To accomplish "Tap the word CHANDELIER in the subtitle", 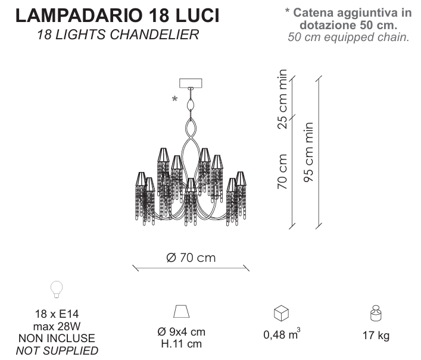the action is tap(154, 35).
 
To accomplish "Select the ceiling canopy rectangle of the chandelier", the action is tap(191, 83).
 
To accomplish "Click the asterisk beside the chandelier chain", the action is tap(174, 99).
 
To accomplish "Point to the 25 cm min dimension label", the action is tap(282, 99).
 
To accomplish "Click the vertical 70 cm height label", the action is tap(282, 171).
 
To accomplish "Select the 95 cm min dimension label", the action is tap(308, 152).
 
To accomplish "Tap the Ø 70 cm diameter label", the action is tap(191, 258).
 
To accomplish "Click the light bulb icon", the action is tap(57, 289).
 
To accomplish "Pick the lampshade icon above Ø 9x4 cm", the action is tap(182, 311).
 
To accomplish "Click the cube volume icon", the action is tap(281, 313).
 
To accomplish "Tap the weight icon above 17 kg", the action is tap(376, 313).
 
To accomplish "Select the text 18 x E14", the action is tap(57, 314).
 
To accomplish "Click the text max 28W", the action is tap(57, 326).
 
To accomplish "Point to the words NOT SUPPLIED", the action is tap(57, 350).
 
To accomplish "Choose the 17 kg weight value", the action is tap(376, 336).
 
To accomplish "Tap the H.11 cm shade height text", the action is tap(182, 344).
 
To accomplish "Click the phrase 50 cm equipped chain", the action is tap(348, 37).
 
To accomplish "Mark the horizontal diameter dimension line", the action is tap(191, 268).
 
